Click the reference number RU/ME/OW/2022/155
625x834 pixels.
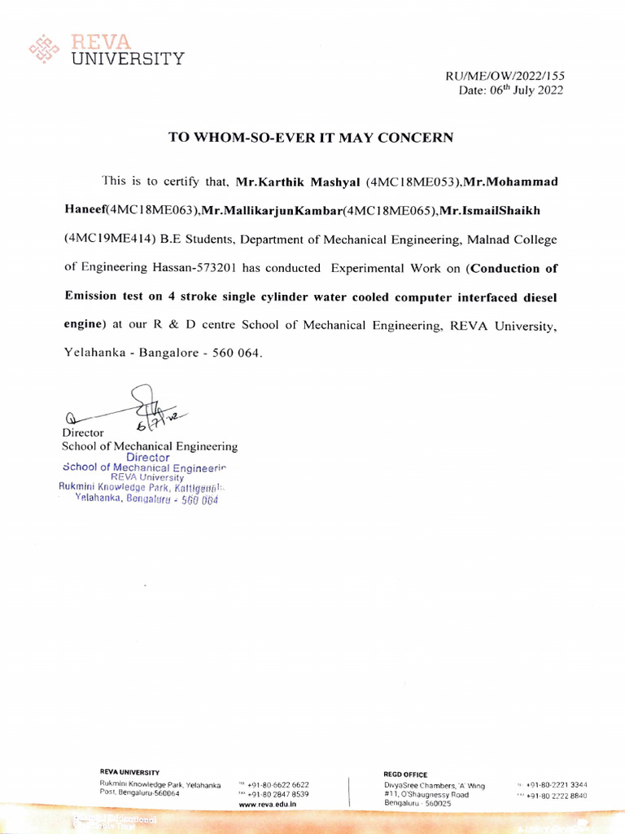coord(505,76)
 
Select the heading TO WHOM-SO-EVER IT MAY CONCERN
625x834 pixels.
coord(310,137)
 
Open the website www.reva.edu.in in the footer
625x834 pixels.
coord(268,804)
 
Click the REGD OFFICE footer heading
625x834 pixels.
coord(405,775)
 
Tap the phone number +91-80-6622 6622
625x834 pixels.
coord(278,785)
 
